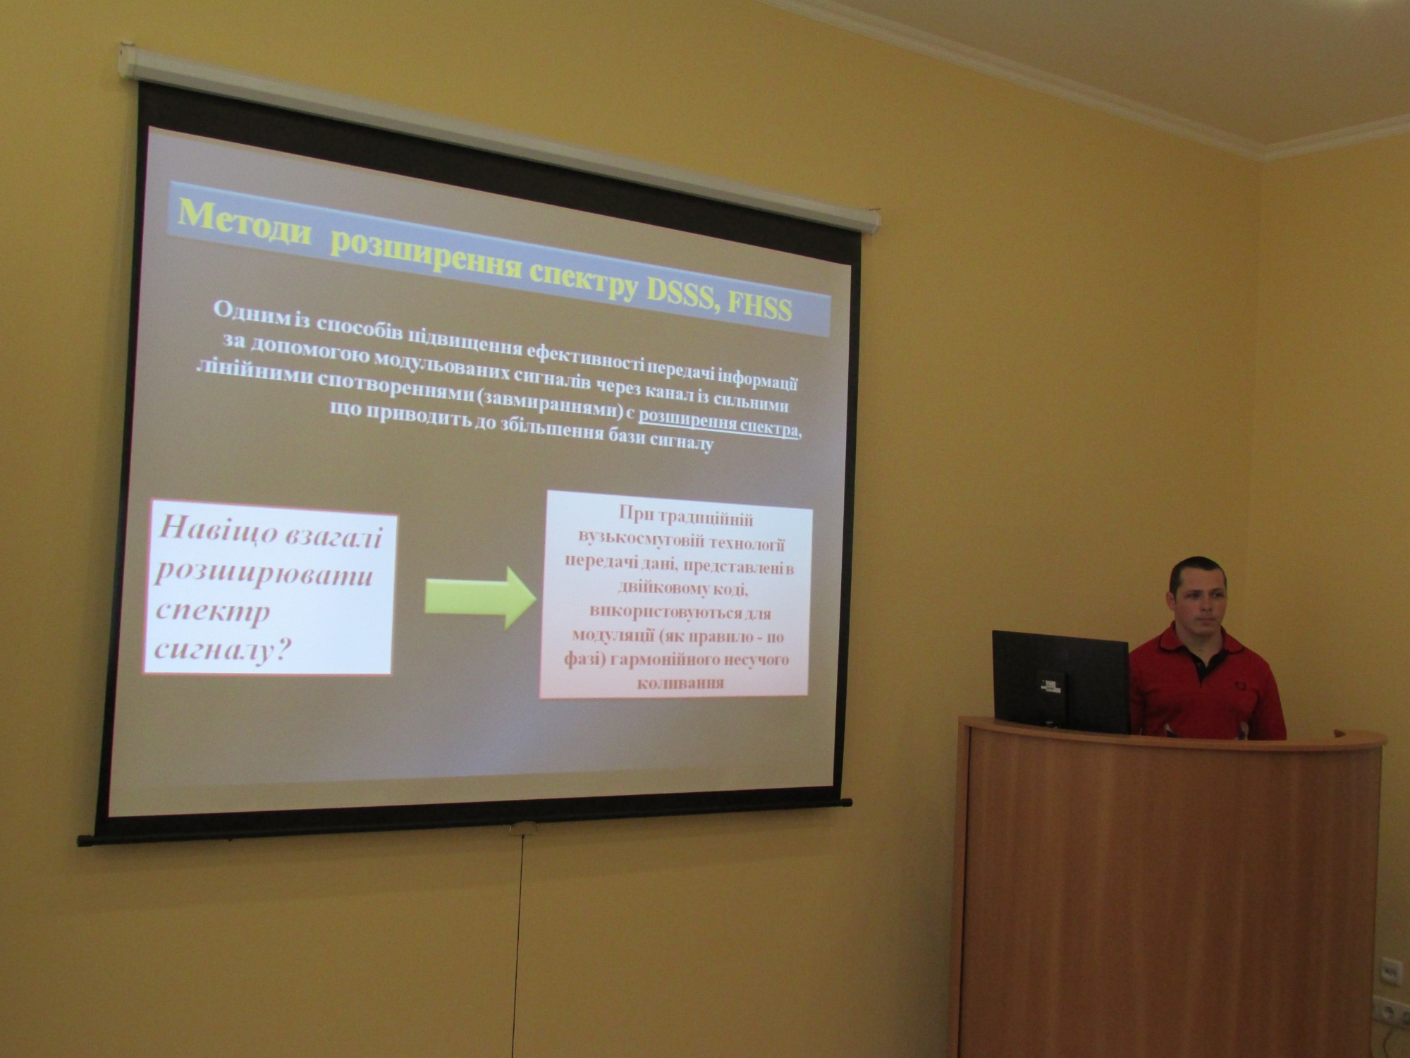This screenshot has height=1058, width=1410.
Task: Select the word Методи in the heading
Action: (x=244, y=224)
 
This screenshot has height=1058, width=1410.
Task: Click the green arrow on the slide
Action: (x=482, y=598)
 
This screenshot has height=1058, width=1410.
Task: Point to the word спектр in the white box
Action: (x=212, y=610)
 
